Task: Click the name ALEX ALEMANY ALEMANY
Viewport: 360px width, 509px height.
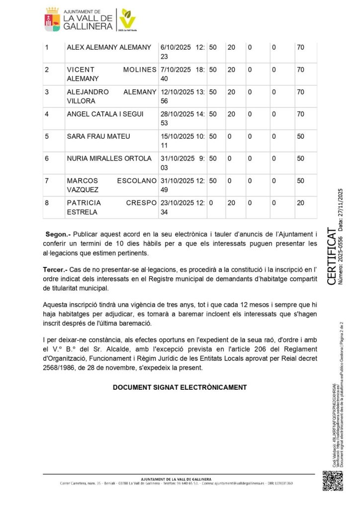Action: click(x=109, y=48)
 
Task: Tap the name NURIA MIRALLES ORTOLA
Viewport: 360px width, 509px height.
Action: click(x=109, y=159)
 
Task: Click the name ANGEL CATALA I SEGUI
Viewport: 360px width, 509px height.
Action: click(x=105, y=114)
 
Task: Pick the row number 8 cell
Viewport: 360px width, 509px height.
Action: click(x=47, y=203)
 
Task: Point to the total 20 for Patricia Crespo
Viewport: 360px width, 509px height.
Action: click(x=300, y=203)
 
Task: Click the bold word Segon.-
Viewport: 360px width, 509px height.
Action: click(x=58, y=234)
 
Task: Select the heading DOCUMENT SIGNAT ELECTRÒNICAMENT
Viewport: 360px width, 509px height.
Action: click(x=180, y=387)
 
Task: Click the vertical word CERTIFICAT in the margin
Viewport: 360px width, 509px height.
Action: click(x=331, y=256)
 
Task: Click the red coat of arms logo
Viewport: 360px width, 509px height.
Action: click(x=53, y=19)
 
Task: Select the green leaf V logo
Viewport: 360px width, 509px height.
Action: click(x=127, y=19)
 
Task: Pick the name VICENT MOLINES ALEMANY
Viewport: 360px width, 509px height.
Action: click(x=111, y=74)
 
